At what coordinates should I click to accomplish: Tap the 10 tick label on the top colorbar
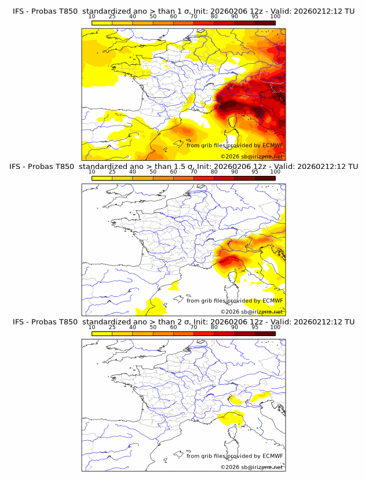[x=92, y=17]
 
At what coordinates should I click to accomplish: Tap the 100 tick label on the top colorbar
[x=275, y=17]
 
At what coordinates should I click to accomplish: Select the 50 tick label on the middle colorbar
[x=153, y=172]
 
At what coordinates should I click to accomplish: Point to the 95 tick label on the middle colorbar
[x=255, y=172]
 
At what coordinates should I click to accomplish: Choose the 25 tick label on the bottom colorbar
[x=112, y=327]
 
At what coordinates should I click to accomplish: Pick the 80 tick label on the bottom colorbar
[x=214, y=327]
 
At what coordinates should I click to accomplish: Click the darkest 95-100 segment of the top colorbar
[x=265, y=23]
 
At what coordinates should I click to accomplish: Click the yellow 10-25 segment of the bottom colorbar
[x=102, y=333]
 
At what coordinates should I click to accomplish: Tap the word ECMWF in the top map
[x=272, y=145]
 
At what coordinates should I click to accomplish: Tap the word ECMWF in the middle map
[x=272, y=300]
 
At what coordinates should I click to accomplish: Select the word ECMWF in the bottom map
[x=272, y=455]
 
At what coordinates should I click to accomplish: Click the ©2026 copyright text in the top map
[x=230, y=157]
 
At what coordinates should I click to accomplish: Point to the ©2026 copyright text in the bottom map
[x=230, y=467]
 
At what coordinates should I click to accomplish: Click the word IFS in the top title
[x=19, y=12]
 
